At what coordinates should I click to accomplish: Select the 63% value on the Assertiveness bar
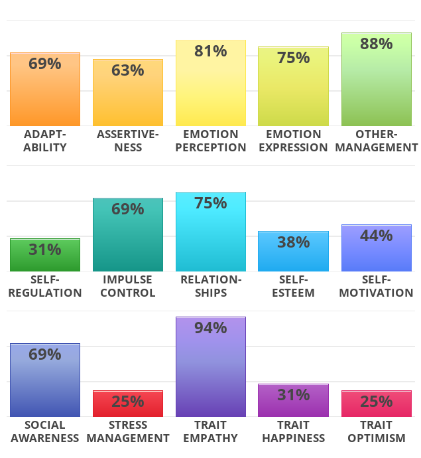pyautogui.click(x=128, y=70)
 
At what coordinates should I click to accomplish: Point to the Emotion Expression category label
pyautogui.click(x=293, y=141)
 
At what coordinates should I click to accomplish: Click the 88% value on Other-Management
pyautogui.click(x=376, y=44)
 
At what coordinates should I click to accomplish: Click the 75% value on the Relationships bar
pyautogui.click(x=211, y=203)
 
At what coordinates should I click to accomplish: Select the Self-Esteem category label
pyautogui.click(x=293, y=286)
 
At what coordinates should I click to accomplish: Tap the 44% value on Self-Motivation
pyautogui.click(x=376, y=236)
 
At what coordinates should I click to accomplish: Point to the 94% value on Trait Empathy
pyautogui.click(x=211, y=328)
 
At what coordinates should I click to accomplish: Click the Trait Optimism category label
pyautogui.click(x=376, y=431)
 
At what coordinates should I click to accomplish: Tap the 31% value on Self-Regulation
pyautogui.click(x=45, y=250)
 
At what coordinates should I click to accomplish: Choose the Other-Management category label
pyautogui.click(x=376, y=141)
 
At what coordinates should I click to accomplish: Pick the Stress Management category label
pyautogui.click(x=128, y=431)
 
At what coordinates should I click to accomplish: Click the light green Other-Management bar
pyautogui.click(x=376, y=93)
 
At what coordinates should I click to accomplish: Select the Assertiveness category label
pyautogui.click(x=128, y=141)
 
